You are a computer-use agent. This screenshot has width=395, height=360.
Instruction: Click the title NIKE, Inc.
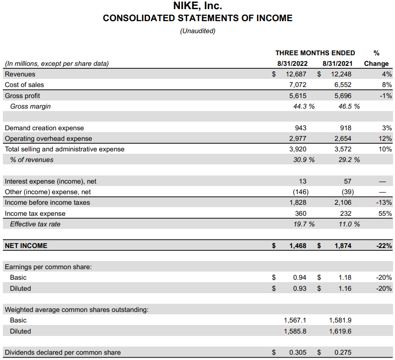197,6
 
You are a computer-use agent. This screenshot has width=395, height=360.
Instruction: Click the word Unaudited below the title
197,31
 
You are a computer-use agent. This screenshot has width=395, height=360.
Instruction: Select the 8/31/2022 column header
292,63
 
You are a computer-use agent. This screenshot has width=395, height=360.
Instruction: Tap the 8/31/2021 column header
337,63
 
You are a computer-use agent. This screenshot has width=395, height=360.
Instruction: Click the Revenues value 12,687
296,74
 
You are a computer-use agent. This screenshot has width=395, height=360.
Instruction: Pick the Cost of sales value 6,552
342,85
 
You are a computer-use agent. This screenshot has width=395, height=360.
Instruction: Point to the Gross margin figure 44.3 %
304,106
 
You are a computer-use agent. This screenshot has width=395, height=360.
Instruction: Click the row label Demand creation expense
44,128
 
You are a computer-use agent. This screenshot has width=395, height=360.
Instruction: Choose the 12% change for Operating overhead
385,138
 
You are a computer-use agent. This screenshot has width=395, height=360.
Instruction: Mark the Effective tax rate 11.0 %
349,224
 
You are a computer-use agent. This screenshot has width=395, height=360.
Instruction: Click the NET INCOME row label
26,246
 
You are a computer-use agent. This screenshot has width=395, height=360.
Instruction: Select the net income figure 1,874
343,246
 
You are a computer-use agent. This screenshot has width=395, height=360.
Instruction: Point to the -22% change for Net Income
383,246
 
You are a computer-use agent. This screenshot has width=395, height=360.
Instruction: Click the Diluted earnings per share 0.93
300,288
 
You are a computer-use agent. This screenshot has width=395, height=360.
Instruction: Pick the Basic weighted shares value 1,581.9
340,320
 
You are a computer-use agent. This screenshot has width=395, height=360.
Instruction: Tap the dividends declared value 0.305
298,352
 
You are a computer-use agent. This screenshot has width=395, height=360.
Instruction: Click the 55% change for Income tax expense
385,213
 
